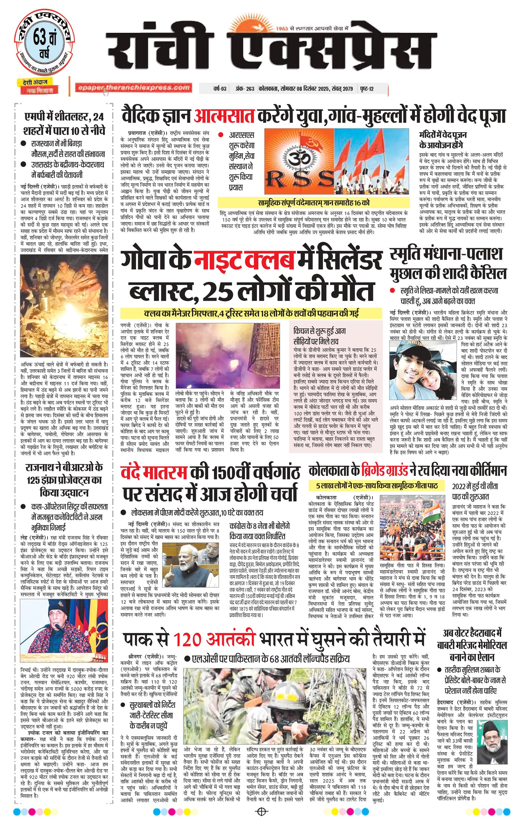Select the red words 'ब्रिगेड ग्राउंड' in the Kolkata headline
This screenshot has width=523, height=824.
385,471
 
